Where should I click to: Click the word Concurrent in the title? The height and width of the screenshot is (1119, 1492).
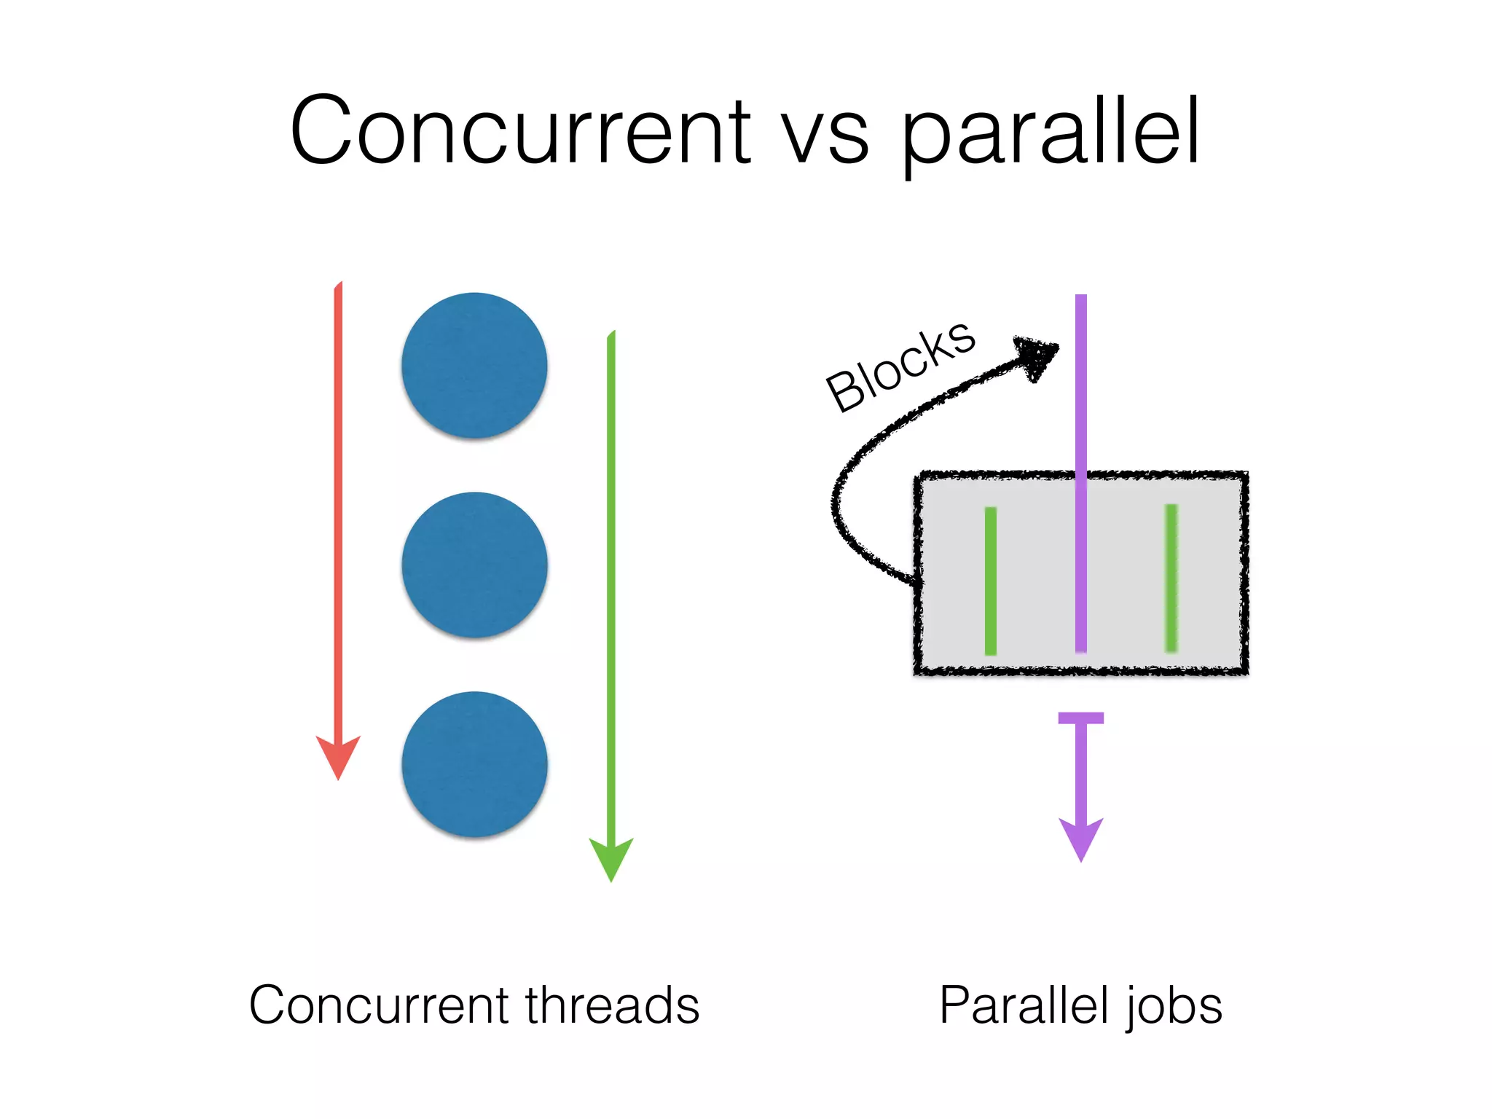[x=519, y=131]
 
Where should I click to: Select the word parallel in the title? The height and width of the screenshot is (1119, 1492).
[x=1050, y=135]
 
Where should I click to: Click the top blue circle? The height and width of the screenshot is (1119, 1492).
[x=474, y=365]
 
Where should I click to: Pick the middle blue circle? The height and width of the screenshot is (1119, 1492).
[x=474, y=565]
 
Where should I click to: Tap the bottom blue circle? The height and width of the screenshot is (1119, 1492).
[x=474, y=763]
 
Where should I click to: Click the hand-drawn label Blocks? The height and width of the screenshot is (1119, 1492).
[x=900, y=366]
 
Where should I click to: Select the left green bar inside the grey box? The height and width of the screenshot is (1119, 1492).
[x=991, y=581]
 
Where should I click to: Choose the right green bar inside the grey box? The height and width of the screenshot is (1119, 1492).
[x=1171, y=578]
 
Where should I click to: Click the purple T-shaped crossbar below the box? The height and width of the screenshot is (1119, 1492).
[x=1081, y=718]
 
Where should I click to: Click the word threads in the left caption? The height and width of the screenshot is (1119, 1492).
[x=612, y=1005]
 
